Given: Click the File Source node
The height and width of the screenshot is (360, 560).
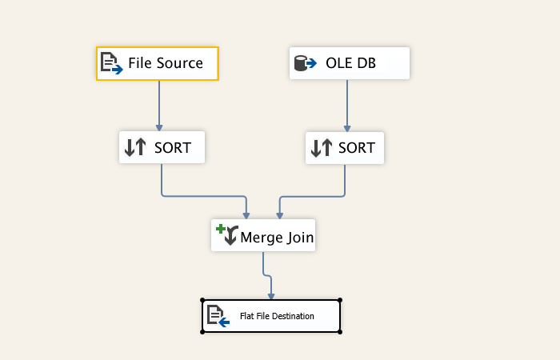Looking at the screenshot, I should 158,63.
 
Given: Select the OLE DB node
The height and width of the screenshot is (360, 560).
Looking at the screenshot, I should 349,63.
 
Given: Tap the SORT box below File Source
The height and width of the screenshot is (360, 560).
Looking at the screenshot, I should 162,147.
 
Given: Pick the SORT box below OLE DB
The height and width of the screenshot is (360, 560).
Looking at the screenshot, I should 345,147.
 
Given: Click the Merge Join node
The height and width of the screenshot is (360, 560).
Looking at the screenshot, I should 263,236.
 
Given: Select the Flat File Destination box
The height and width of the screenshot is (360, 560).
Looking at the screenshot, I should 271,316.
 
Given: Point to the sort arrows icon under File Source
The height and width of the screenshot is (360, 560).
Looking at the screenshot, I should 135,147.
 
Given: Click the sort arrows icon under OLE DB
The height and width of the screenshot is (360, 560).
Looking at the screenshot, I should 321,147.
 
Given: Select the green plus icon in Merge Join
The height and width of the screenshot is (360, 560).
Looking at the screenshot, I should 222,230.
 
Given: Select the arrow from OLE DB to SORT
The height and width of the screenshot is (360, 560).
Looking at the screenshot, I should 347,104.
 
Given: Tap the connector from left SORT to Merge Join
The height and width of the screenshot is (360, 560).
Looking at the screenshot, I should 204,195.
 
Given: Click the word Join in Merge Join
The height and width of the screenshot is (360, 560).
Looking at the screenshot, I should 296,238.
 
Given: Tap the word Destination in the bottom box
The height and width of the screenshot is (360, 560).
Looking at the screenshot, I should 291,316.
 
